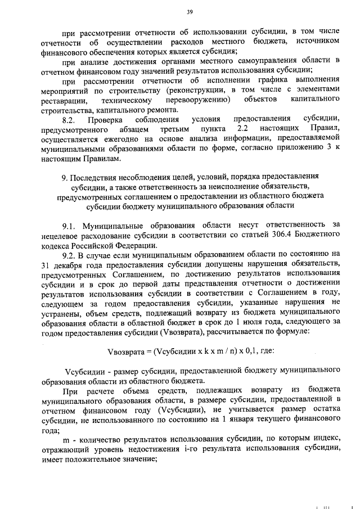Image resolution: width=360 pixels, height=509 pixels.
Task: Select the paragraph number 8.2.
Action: pos(70,119)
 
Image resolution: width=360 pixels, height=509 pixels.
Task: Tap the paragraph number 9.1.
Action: pos(70,225)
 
